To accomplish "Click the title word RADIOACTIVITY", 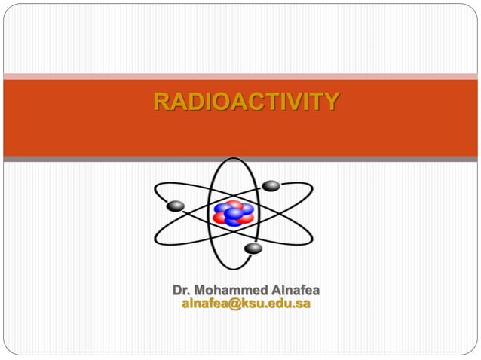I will [x=246, y=101].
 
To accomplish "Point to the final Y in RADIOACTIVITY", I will [x=331, y=101].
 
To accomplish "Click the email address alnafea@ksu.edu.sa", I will [x=246, y=304].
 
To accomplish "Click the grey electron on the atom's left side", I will [x=176, y=205].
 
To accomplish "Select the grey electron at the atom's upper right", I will [x=271, y=185].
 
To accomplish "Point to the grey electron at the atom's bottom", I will [x=254, y=248].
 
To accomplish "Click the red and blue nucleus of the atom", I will [x=233, y=214].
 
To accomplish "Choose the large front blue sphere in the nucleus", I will [x=233, y=215].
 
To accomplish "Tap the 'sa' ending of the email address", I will [x=302, y=304].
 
